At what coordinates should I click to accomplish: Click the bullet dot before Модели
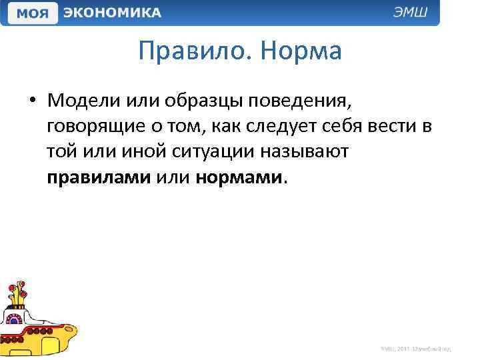33,101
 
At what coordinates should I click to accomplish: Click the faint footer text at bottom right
416,348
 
